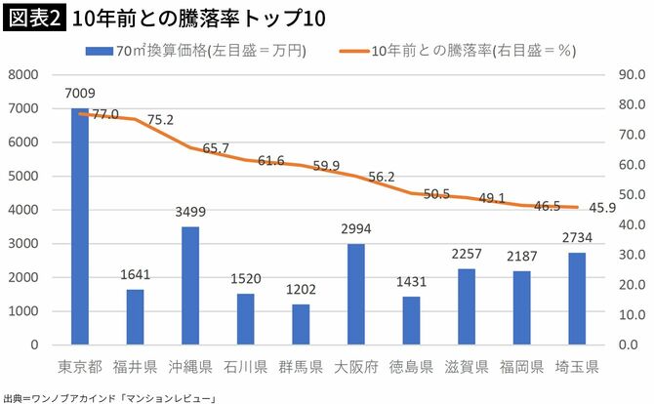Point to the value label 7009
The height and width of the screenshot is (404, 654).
click(80, 94)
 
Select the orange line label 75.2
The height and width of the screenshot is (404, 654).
click(160, 120)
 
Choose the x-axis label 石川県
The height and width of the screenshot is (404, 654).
click(245, 369)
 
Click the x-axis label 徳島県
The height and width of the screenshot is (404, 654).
click(411, 369)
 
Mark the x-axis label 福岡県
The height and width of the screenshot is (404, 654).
click(521, 369)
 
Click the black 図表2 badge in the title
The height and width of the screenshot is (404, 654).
click(33, 18)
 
